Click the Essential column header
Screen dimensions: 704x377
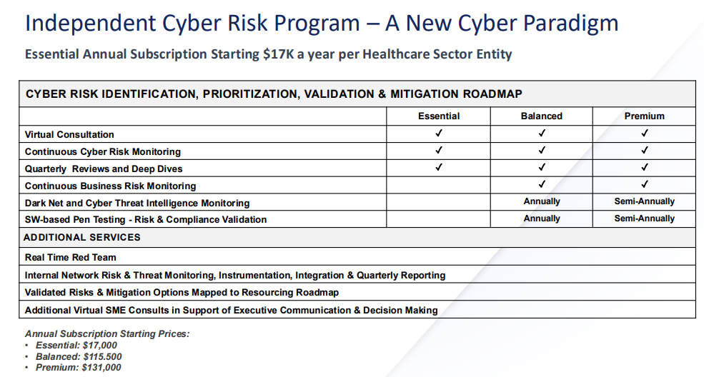[x=439, y=116]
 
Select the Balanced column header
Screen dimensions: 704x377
[x=542, y=116]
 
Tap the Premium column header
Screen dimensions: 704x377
[x=644, y=116]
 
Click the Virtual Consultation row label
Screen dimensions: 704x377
[x=69, y=134]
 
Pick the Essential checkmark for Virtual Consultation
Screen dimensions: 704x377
[x=439, y=133]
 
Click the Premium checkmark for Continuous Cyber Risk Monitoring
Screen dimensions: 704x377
[x=644, y=150]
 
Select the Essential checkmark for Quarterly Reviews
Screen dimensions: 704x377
[x=439, y=167]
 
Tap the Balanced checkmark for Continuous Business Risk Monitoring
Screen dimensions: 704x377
[x=542, y=184]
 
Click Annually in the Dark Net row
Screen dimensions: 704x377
[x=542, y=202]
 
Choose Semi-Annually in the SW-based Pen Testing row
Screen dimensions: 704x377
[x=644, y=218]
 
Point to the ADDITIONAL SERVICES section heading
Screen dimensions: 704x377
[x=82, y=238]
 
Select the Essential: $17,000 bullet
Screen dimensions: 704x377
[x=76, y=345]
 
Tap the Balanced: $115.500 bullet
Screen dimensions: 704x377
[x=79, y=357]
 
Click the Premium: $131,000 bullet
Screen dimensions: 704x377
[x=78, y=368]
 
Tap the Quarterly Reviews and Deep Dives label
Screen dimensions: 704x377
[x=104, y=169]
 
